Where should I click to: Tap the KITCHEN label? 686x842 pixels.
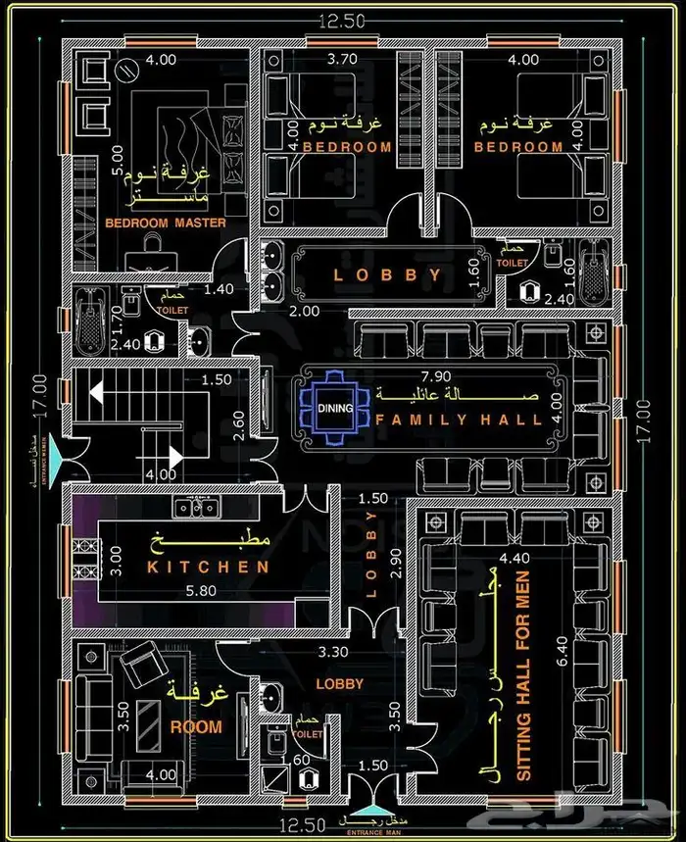pyautogui.click(x=209, y=567)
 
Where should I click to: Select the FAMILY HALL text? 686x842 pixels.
pyautogui.click(x=460, y=420)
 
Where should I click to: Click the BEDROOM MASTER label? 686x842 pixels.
pyautogui.click(x=166, y=223)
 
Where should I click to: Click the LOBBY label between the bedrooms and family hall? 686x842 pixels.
pyautogui.click(x=388, y=275)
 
